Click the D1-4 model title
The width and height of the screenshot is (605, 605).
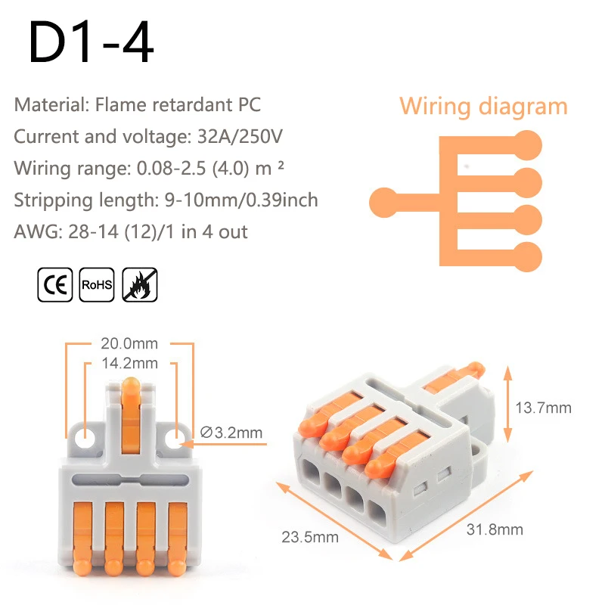pyautogui.click(x=91, y=44)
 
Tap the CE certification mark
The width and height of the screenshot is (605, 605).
pyautogui.click(x=55, y=286)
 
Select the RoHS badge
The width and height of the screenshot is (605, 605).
pyautogui.click(x=96, y=286)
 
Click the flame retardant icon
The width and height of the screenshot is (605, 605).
pyautogui.click(x=138, y=286)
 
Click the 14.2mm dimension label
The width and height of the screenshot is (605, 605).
pyautogui.click(x=130, y=364)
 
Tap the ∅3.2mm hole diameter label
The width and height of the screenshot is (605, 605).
pyautogui.click(x=232, y=433)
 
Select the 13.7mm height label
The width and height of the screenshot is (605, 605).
pyautogui.click(x=543, y=408)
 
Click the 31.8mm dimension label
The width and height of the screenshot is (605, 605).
pyautogui.click(x=495, y=529)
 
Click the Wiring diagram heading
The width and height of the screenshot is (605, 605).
pyautogui.click(x=483, y=106)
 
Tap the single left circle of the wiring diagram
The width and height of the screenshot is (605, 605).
pyautogui.click(x=384, y=202)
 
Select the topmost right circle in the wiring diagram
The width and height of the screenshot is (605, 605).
pyautogui.click(x=527, y=144)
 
